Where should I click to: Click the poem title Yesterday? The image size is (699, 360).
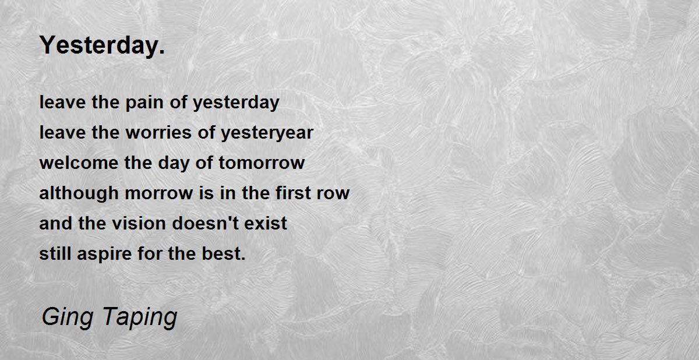point(102,46)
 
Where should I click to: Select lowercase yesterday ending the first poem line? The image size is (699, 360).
point(236,103)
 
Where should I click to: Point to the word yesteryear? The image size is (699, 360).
point(267,133)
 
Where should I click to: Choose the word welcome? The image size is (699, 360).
point(79,163)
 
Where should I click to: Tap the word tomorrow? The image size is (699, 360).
point(262,164)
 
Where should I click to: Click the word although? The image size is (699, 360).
point(79,193)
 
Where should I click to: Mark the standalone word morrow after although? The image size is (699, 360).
point(159,193)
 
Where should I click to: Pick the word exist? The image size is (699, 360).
point(266,223)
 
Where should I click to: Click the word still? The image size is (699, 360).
point(55,253)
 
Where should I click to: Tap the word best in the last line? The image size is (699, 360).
point(224,253)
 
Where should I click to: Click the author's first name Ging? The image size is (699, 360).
point(68,317)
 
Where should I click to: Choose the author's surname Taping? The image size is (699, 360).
point(140,317)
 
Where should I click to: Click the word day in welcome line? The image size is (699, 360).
point(174,164)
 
